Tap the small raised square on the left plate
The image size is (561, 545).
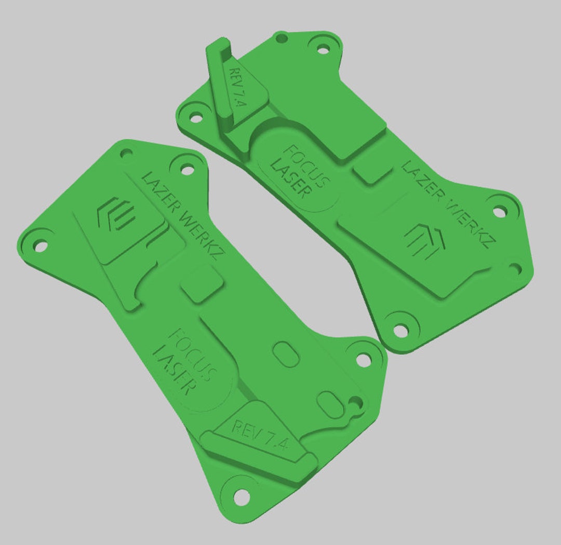click(x=203, y=284)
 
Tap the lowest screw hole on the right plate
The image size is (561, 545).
click(x=400, y=330)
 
